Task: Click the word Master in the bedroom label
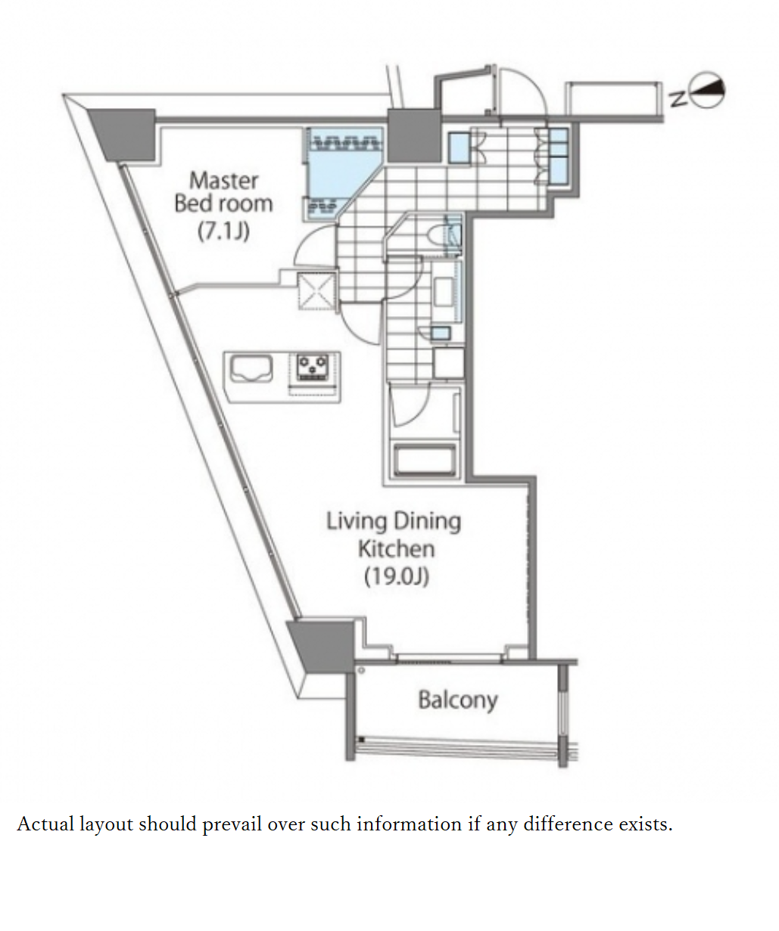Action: point(223,180)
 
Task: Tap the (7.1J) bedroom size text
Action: point(223,230)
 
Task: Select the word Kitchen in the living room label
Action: point(396,548)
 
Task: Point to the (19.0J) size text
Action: point(396,576)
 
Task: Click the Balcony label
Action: point(457,700)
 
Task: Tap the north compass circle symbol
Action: point(710,92)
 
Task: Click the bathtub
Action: point(424,460)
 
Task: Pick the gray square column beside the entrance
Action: point(413,134)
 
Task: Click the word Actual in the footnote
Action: point(45,824)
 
